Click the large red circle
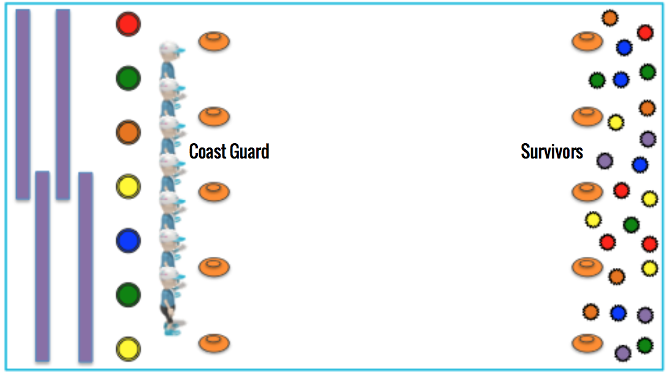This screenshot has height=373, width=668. (128, 24)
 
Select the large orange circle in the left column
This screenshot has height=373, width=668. (128, 132)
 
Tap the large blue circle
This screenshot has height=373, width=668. (128, 240)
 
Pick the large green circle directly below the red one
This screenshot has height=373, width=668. (128, 78)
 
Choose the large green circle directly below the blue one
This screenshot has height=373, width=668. (128, 294)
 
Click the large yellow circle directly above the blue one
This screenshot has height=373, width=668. (128, 186)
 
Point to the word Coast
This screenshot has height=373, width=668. (207, 151)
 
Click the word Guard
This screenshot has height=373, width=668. (249, 151)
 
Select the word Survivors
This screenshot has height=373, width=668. (551, 151)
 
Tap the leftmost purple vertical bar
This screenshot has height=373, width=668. (23, 104)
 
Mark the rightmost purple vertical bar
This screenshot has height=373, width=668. (85, 267)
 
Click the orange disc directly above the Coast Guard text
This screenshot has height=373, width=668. (214, 116)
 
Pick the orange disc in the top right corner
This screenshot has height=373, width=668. (587, 42)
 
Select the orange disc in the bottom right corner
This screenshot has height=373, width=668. (587, 343)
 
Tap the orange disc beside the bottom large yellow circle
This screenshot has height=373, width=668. (214, 343)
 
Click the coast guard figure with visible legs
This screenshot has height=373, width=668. (171, 301)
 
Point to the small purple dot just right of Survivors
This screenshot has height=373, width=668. (605, 161)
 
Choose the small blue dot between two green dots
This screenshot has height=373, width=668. (621, 79)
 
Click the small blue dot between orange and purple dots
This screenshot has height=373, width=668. (618, 313)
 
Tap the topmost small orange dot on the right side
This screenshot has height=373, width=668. (610, 18)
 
